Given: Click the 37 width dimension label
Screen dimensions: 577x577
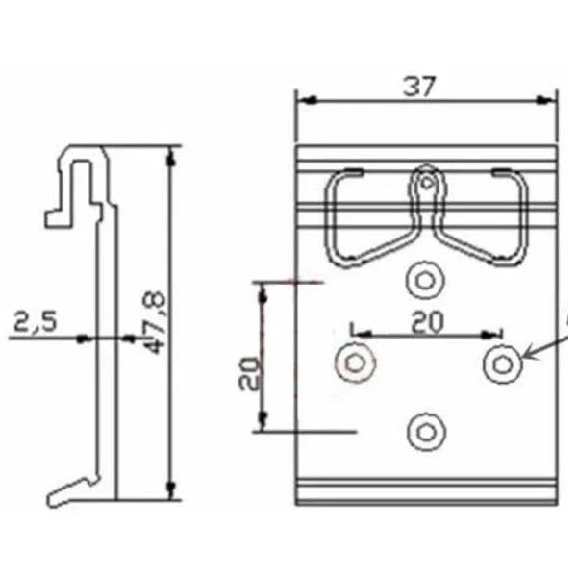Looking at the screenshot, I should tap(419, 87).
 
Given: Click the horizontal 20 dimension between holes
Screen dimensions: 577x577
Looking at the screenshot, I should tap(427, 322).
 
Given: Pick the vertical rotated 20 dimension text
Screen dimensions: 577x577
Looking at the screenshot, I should tap(248, 371).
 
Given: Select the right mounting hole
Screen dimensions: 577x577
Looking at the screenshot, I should tap(502, 364).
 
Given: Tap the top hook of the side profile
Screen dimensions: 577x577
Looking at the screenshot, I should tap(81, 159).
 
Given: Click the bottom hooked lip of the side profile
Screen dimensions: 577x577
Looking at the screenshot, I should tap(71, 491).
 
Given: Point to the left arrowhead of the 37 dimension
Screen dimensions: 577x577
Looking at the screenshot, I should tap(302, 98).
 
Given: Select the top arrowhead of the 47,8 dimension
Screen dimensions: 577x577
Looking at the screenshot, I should tap(171, 152).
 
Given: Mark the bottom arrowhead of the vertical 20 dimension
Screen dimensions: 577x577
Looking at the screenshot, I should tap(262, 426).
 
